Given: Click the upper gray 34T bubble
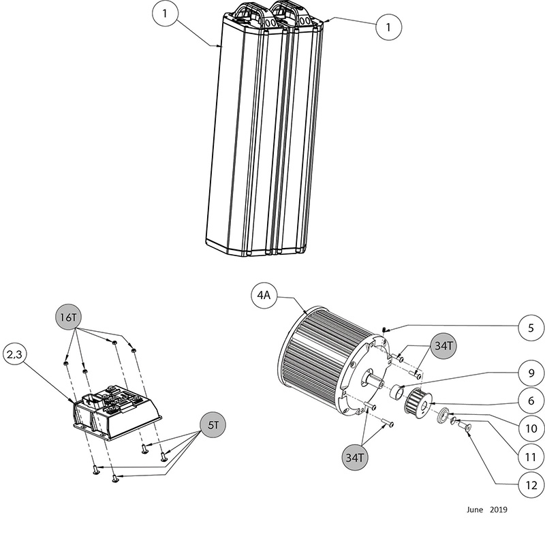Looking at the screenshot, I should pos(443,347).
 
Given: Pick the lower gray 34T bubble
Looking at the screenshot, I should pos(355,457).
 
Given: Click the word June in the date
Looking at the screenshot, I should pos(475,510).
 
